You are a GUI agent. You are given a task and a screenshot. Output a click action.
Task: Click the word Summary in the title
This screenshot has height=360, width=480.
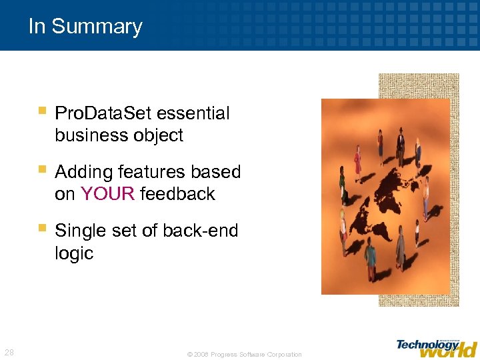coord(97,27)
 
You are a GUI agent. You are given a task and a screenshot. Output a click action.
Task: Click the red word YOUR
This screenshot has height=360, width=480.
coord(107,194)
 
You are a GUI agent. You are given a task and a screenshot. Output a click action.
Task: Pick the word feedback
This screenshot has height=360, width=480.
coord(178,194)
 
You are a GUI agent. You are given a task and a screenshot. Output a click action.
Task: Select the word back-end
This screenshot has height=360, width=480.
coord(198,231)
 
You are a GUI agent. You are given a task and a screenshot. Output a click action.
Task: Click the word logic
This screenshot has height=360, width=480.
coord(74,253)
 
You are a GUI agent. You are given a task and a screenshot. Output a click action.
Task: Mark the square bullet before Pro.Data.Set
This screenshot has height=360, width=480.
coord(42,111)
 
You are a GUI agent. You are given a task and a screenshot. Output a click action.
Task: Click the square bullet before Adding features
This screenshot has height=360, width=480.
coord(42,169)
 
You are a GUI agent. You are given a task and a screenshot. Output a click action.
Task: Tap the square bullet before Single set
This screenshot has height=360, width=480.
coord(42,228)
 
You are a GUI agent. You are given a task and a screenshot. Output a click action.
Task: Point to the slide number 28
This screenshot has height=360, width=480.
coord(10,352)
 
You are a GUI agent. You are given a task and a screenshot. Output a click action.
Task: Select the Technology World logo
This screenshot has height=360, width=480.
coord(436,347)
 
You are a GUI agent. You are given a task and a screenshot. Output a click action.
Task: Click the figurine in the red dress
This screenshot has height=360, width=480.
coord(357,162)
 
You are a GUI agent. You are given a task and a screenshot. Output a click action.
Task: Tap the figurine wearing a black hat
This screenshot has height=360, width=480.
coord(400,142)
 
